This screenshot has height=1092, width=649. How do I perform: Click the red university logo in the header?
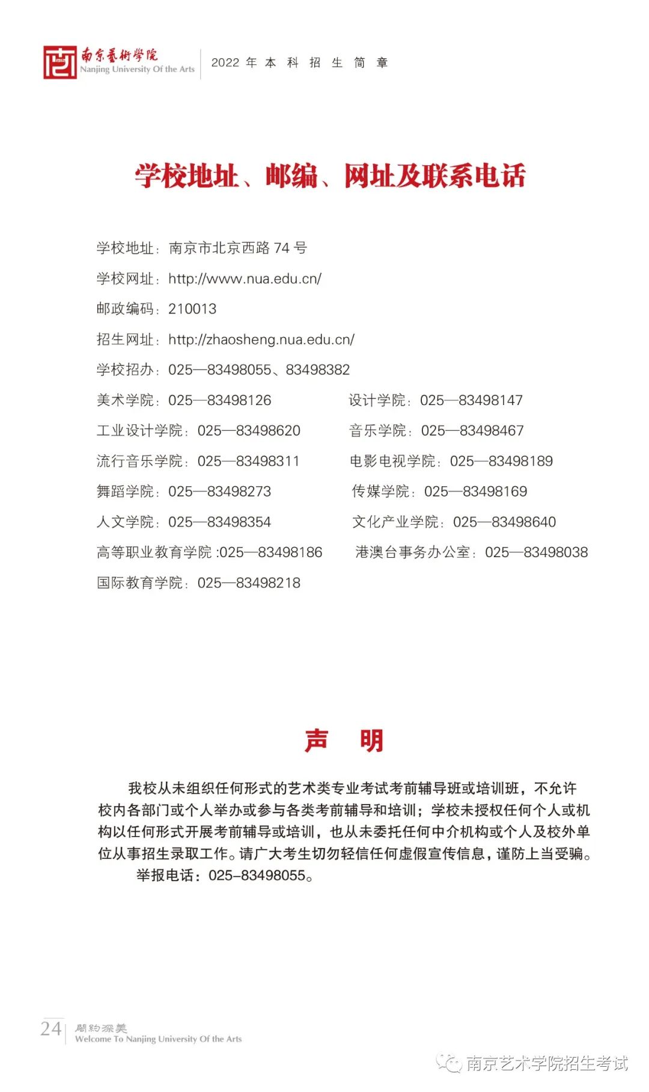[x=60, y=62]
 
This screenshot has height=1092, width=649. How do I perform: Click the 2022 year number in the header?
[x=225, y=63]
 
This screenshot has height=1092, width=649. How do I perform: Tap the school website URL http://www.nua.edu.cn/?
[x=245, y=279]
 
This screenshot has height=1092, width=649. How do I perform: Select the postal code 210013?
[x=192, y=309]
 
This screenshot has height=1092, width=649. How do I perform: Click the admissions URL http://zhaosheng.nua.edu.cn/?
[x=261, y=340]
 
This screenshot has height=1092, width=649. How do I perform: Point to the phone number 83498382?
[x=318, y=370]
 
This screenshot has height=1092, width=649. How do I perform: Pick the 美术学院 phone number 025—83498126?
[x=219, y=400]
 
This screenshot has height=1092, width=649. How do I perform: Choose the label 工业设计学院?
[x=139, y=431]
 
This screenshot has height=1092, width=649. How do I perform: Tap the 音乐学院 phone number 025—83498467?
[x=472, y=431]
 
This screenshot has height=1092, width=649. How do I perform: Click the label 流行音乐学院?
[x=139, y=461]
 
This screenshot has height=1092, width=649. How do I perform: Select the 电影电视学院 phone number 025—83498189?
[x=501, y=461]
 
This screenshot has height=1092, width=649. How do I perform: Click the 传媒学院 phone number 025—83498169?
[x=475, y=492]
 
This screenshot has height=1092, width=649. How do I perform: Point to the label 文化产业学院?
[x=395, y=522]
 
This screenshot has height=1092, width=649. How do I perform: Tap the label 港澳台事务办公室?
[x=413, y=552]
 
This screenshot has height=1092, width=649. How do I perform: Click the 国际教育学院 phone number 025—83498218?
[x=249, y=583]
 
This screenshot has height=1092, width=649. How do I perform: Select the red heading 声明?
[x=344, y=740]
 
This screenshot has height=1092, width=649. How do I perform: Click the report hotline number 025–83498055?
[x=257, y=876]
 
